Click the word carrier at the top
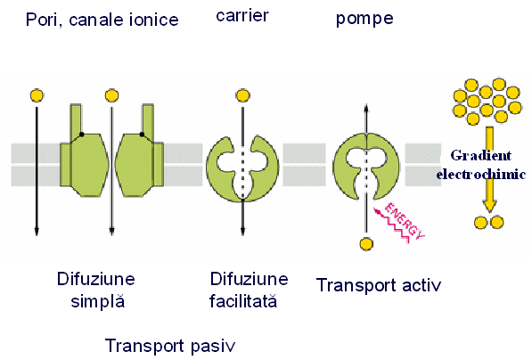(x=242, y=16)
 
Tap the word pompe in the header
(x=364, y=19)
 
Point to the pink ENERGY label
(x=404, y=221)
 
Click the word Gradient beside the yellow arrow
(x=481, y=155)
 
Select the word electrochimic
(x=481, y=174)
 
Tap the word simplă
(x=98, y=301)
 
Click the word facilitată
(x=243, y=301)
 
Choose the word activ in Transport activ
(x=422, y=285)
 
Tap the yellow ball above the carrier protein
(x=242, y=95)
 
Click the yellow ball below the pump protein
(x=366, y=244)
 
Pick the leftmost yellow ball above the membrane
(x=37, y=95)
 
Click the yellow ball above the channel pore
(x=112, y=95)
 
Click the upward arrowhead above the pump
(x=366, y=108)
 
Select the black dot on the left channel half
(x=81, y=135)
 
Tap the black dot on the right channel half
(x=142, y=135)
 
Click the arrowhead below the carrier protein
(x=242, y=231)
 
